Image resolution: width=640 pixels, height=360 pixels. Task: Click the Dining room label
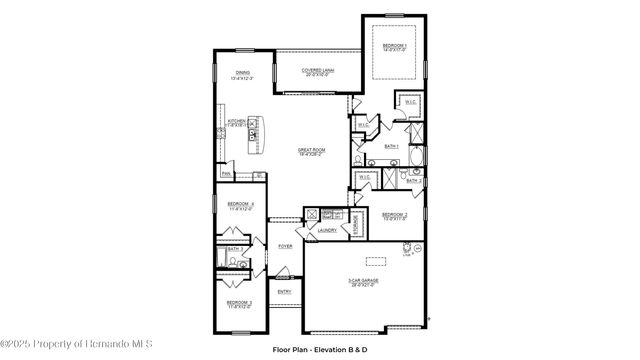(243, 74)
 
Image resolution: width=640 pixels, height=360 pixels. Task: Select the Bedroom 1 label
(393, 48)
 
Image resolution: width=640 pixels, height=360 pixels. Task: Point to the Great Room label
(311, 151)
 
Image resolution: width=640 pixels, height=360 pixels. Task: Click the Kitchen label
(237, 123)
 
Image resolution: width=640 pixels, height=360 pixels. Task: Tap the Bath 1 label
(392, 146)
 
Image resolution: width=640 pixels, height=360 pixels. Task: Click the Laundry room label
(327, 230)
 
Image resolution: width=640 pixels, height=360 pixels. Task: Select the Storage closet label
(355, 224)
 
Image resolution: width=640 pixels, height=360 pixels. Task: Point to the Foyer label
(285, 245)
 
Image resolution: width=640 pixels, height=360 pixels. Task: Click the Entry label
(284, 291)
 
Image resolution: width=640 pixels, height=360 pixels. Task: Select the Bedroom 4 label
(240, 205)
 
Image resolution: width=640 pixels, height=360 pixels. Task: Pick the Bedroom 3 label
(238, 303)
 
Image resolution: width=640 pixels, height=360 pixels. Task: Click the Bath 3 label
(232, 249)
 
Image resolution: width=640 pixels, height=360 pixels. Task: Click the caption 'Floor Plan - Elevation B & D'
(320, 349)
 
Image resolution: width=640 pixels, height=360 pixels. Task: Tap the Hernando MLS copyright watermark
(77, 344)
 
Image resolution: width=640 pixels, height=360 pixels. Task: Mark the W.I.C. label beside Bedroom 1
(411, 102)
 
